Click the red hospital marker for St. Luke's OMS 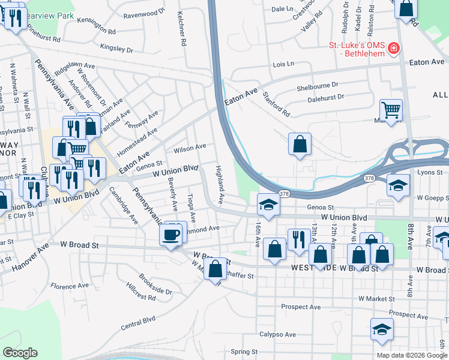(394, 48)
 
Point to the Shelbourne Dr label (318, 87)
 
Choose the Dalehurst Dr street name (325, 97)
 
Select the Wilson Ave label (190, 146)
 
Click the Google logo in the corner (20, 353)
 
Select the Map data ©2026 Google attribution (411, 355)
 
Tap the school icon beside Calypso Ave (382, 331)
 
